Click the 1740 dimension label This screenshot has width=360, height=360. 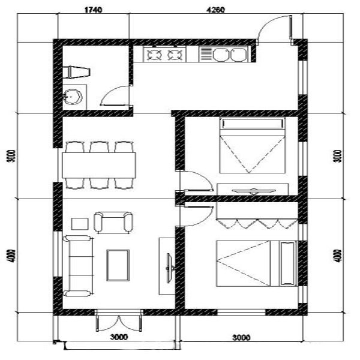(93, 10)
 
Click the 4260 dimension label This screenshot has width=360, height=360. (215, 10)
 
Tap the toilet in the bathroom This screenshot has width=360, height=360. (76, 72)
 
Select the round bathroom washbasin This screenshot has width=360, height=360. (73, 97)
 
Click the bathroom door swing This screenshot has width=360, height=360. (115, 95)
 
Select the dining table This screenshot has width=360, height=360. (99, 165)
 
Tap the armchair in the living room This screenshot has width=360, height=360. (113, 222)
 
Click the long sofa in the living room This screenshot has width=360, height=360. (79, 266)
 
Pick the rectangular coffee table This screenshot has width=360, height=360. (118, 265)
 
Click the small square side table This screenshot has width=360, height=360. (80, 224)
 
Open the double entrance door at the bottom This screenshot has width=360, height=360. (119, 321)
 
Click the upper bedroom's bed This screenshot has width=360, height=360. (252, 145)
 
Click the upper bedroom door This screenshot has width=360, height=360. (197, 181)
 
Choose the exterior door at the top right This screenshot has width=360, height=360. (275, 29)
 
